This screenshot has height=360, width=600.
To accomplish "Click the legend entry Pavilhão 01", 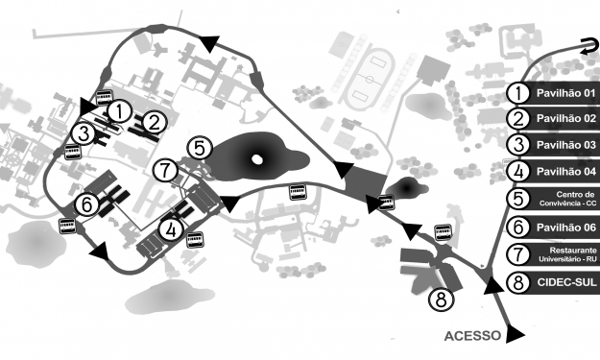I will click(x=566, y=93).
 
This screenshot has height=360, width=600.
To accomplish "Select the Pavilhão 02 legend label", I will click(x=566, y=120).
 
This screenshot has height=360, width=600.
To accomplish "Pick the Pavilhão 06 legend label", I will click(x=566, y=228).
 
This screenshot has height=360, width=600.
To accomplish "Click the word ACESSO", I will click(x=472, y=336).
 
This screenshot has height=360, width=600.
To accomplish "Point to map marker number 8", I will click(x=441, y=300).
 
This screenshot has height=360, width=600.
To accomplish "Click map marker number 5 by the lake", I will click(x=198, y=148).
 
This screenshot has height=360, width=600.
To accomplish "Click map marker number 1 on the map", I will click(x=118, y=111).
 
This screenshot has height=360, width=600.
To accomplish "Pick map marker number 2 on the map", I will click(x=156, y=121).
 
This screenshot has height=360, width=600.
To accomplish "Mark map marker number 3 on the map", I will click(x=85, y=132).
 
